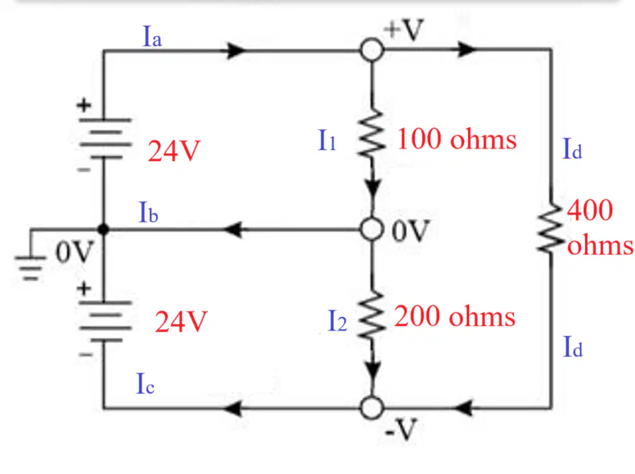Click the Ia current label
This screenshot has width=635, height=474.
pyautogui.click(x=153, y=36)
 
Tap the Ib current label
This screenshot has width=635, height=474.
pyautogui.click(x=148, y=212)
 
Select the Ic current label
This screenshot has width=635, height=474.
pyautogui.click(x=145, y=383)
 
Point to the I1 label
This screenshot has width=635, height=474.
pyautogui.click(x=327, y=140)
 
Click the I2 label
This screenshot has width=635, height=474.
pyautogui.click(x=337, y=321)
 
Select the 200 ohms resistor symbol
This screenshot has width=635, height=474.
pyautogui.click(x=371, y=314)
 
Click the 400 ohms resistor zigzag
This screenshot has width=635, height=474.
pyautogui.click(x=551, y=228)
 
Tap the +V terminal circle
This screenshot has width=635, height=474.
pyautogui.click(x=372, y=50)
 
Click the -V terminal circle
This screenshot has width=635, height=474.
pyautogui.click(x=372, y=407)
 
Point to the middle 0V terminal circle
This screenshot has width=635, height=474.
pyautogui.click(x=372, y=229)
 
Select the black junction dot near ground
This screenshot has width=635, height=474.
pyautogui.click(x=103, y=229)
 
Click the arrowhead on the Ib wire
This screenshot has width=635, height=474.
pyautogui.click(x=234, y=230)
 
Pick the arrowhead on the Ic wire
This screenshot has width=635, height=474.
pyautogui.click(x=234, y=408)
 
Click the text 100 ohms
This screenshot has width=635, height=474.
pyautogui.click(x=457, y=139)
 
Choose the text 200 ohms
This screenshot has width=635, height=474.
pyautogui.click(x=455, y=316)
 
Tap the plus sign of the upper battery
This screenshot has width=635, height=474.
pyautogui.click(x=84, y=106)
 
